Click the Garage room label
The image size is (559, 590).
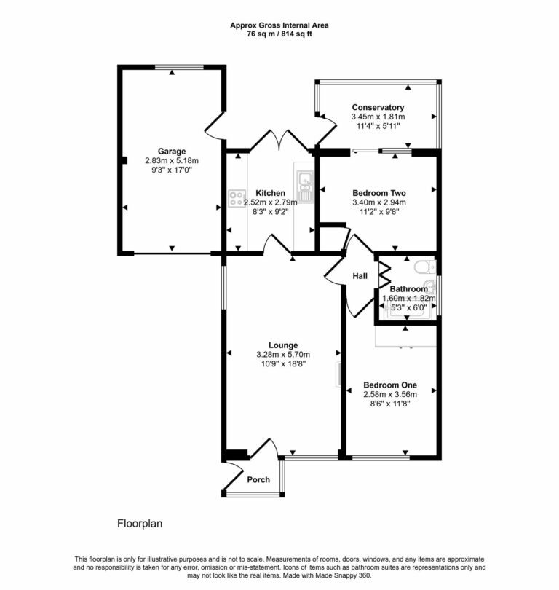tap(171, 152)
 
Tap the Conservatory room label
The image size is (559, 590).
tap(378, 108)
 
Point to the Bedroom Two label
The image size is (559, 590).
tap(378, 193)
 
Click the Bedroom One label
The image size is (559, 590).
tap(390, 385)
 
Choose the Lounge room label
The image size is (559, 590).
tap(282, 345)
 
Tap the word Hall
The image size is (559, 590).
tap(360, 277)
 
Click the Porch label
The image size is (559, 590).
tap(258, 479)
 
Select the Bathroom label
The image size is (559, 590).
tap(408, 289)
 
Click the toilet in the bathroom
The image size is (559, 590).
tap(427, 267)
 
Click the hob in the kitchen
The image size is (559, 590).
tap(237, 197)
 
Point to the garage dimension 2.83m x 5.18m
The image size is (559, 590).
tap(171, 161)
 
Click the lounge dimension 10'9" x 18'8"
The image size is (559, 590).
tap(282, 364)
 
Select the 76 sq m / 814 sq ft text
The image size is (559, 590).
tap(279, 34)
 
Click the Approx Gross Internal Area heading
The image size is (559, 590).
tap(279, 25)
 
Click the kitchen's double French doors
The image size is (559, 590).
tap(269, 143)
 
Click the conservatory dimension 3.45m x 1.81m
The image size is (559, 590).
tap(378, 117)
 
